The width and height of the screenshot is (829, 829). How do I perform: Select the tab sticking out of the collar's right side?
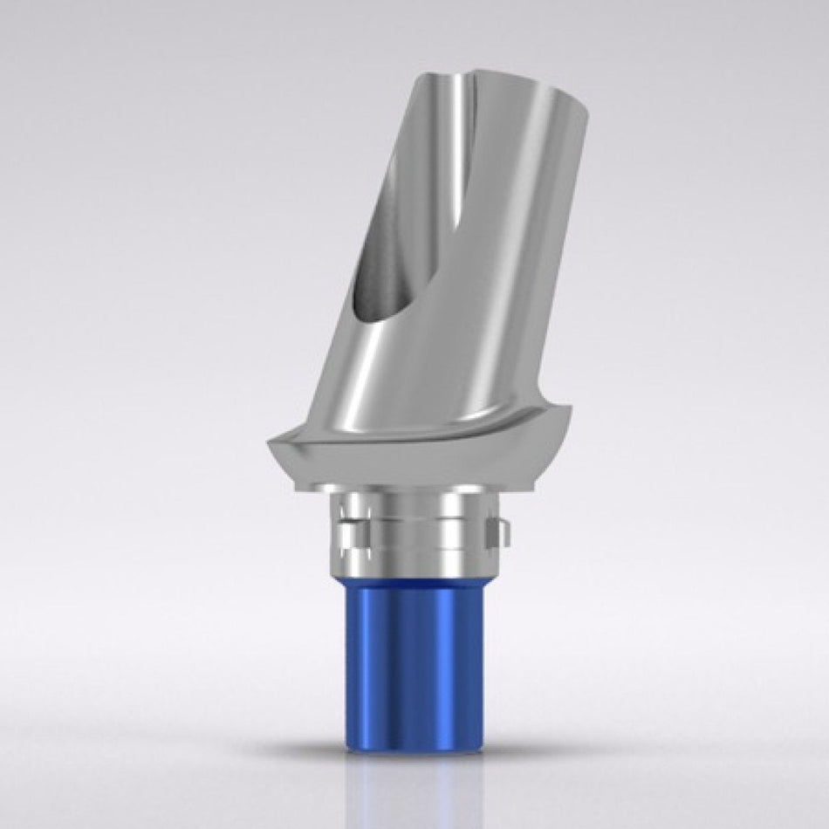tap(498, 529)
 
